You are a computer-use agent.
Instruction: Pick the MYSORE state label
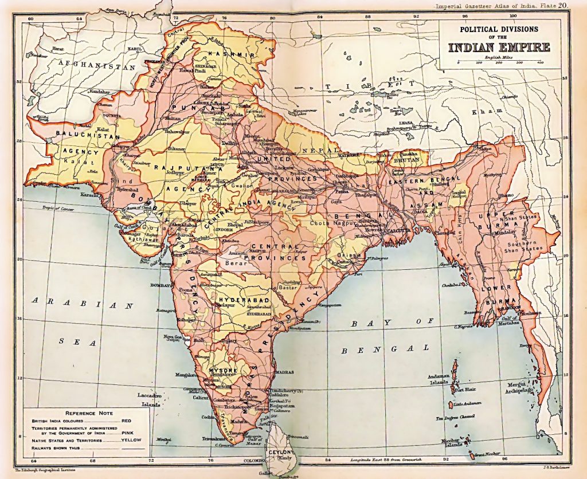click(222, 370)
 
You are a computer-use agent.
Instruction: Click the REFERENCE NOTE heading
click(88, 413)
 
